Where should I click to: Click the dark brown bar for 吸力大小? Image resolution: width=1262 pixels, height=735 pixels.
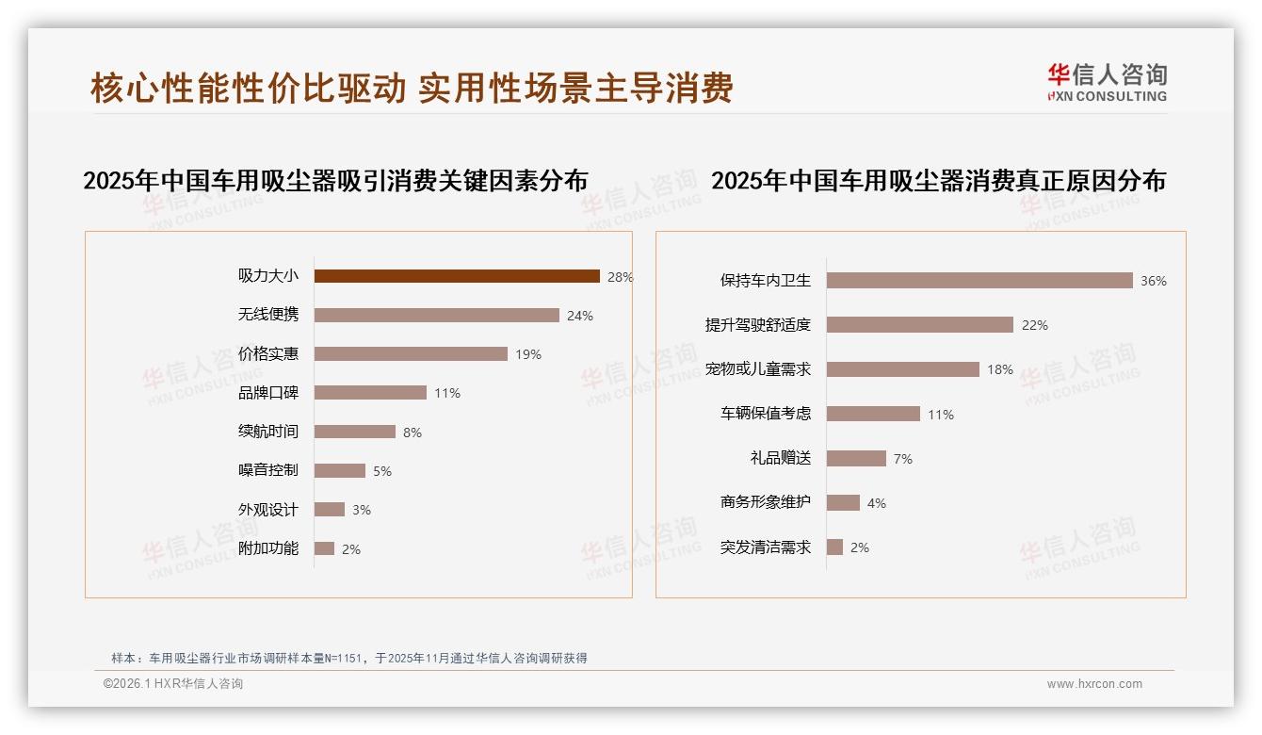tap(457, 276)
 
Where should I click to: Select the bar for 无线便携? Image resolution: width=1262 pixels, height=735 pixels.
tap(436, 316)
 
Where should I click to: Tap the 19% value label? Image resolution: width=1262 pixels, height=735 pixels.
tap(528, 355)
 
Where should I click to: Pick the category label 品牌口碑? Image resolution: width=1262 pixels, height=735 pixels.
tap(268, 393)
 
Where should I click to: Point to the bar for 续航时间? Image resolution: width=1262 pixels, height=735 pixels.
tap(354, 432)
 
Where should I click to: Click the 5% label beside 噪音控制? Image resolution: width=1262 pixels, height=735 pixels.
tap(381, 471)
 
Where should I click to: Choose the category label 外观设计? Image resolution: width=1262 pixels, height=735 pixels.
tap(268, 510)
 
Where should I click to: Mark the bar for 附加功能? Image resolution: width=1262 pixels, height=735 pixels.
tap(324, 548)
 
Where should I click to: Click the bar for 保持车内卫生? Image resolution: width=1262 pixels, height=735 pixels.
tap(979, 281)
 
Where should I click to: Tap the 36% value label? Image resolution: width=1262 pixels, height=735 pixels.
tap(1154, 281)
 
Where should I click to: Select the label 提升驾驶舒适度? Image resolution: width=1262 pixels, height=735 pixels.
tap(758, 325)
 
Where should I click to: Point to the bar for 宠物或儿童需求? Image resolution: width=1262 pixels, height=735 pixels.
tap(902, 369)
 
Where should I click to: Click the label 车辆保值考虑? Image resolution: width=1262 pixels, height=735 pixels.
tap(766, 414)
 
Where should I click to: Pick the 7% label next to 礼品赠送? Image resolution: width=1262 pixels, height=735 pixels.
tap(903, 459)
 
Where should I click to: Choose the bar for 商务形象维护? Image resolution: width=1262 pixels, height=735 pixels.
tap(843, 503)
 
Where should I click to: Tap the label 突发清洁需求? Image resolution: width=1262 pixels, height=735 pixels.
tap(766, 547)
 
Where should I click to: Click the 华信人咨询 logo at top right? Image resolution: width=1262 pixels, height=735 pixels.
tap(1107, 82)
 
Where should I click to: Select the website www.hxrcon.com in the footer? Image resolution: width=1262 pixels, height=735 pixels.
tap(1094, 684)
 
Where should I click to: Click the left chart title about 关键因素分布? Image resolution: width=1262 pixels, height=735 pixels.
tap(335, 181)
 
